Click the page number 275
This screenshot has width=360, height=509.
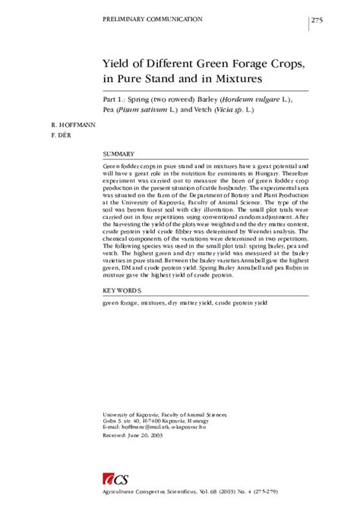[x=317, y=20]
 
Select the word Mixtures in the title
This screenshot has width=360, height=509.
[x=235, y=77]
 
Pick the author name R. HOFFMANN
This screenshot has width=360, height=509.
[x=73, y=124]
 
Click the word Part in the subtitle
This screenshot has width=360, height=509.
[x=111, y=99]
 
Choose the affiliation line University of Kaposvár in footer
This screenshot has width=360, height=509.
[x=163, y=414]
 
